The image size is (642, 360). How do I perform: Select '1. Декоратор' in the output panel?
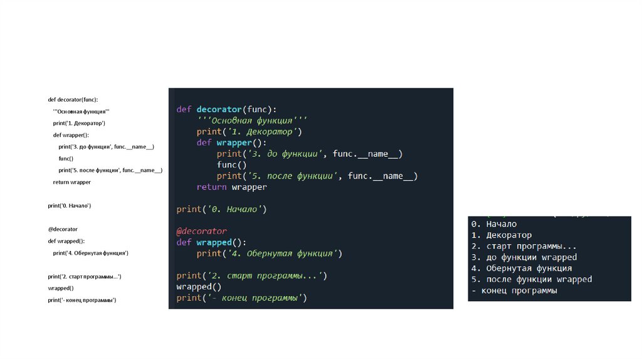tap(501, 235)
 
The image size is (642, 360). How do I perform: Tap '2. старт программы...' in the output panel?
tap(523, 246)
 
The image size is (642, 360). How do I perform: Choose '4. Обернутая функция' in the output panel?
tap(521, 268)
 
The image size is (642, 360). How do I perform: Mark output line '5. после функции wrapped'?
tap(531, 280)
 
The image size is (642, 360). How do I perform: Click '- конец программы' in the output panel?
tap(513, 290)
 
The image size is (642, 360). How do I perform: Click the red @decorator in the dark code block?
tap(201, 231)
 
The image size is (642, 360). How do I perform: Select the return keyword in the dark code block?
tap(211, 187)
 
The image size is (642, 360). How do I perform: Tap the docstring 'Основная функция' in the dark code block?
tap(252, 120)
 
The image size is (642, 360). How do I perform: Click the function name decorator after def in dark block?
tap(223, 109)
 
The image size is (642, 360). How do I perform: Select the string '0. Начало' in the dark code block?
tap(234, 209)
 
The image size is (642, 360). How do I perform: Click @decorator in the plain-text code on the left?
tap(63, 229)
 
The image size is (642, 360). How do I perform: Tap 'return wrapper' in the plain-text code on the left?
tap(71, 182)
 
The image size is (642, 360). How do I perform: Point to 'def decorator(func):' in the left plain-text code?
tap(73, 99)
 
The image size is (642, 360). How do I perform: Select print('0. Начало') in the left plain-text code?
tap(70, 205)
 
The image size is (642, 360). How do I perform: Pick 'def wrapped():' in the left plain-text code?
tap(66, 241)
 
